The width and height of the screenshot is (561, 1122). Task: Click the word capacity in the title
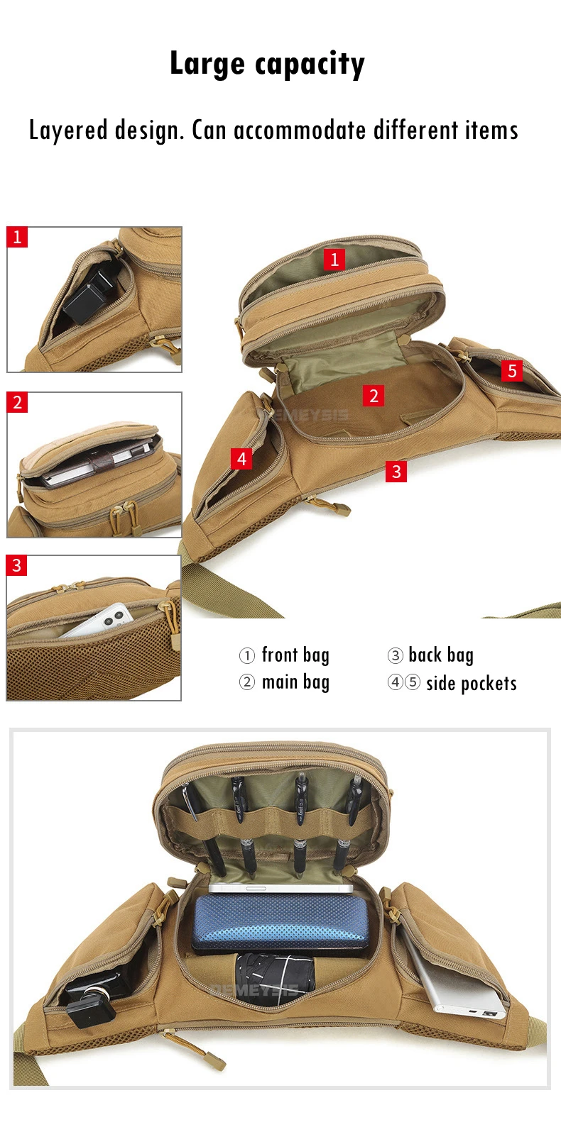[x=310, y=65]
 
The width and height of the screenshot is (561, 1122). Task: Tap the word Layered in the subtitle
[x=69, y=130]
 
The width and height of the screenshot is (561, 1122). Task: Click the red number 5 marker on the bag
[x=512, y=371]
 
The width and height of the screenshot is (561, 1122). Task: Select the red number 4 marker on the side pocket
[x=241, y=458]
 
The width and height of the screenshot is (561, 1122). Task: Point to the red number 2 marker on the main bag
[x=374, y=396]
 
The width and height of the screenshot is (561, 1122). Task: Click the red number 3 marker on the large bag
[x=396, y=472]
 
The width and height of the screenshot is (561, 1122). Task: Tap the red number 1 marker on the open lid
[x=334, y=260]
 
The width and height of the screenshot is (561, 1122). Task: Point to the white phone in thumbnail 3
[x=98, y=622]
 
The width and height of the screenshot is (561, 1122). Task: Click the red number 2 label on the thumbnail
[x=17, y=402]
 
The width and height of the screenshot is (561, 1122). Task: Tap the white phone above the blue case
[x=280, y=888]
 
